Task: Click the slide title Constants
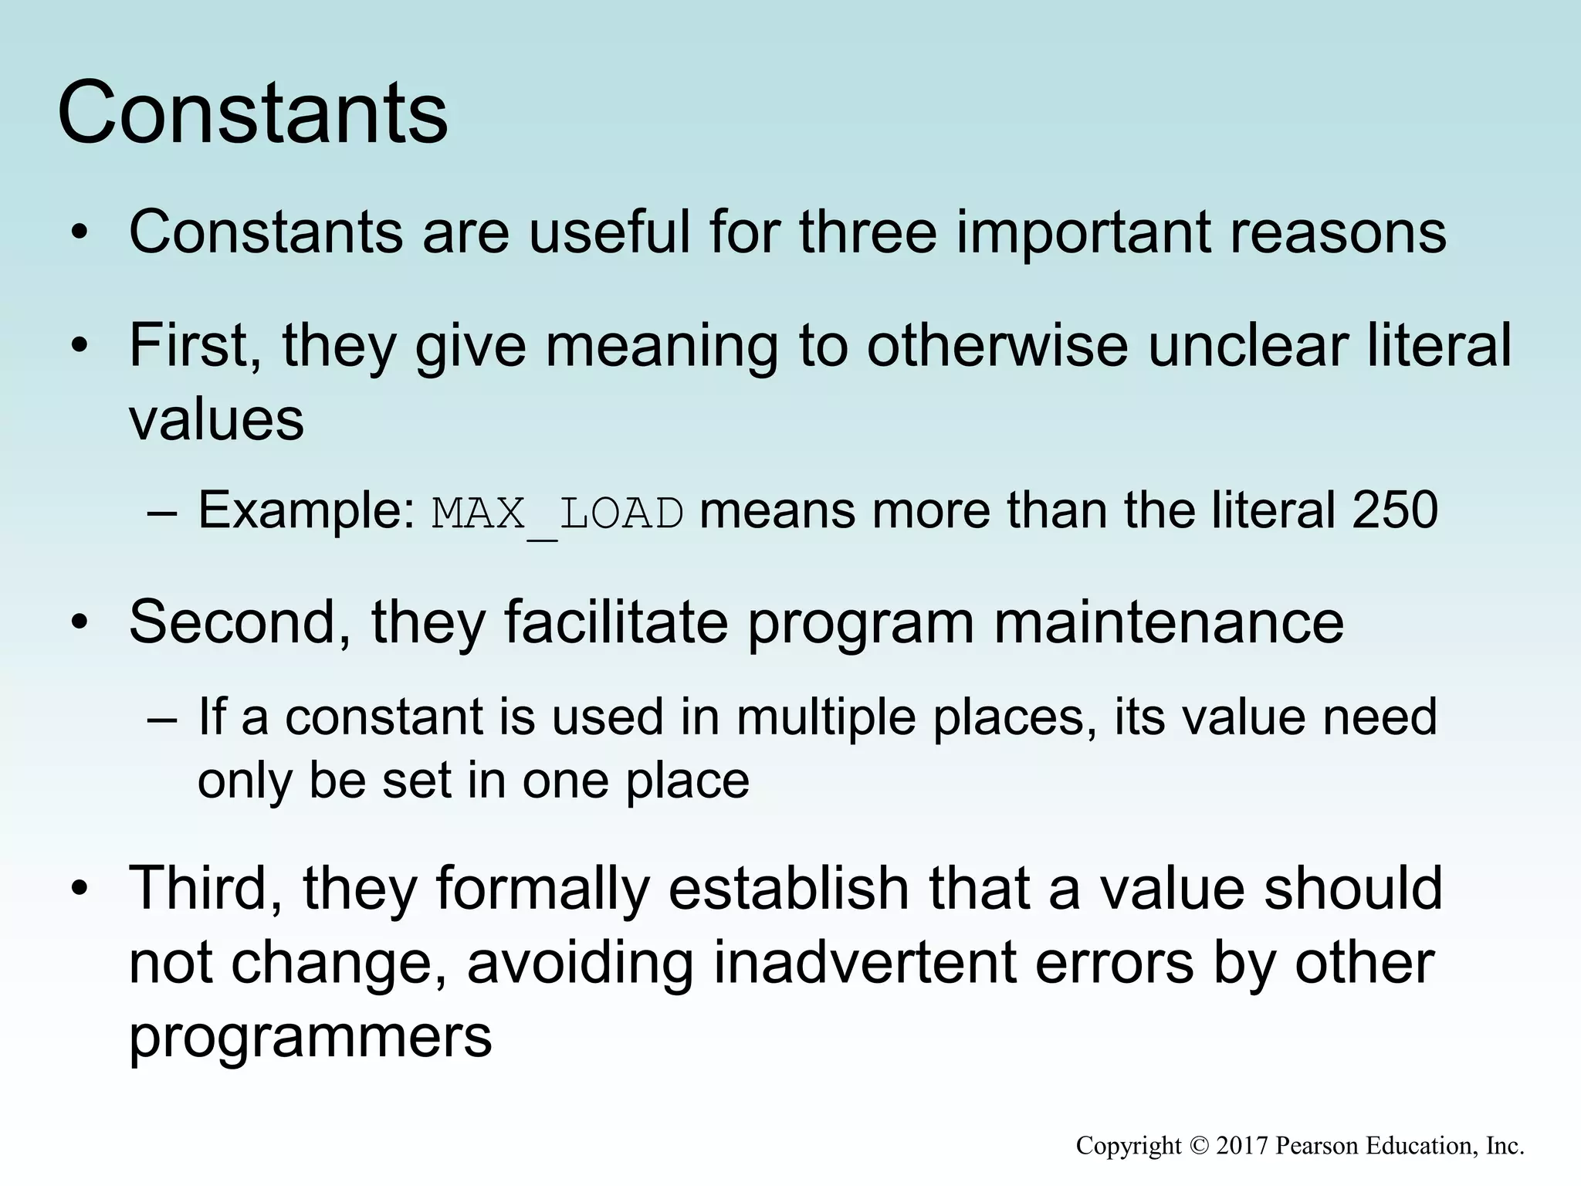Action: (x=252, y=114)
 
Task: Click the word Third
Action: (x=205, y=888)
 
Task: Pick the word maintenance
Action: (x=1169, y=622)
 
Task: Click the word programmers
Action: (x=310, y=1036)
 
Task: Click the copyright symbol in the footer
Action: (x=1198, y=1145)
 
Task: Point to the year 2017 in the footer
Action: (x=1241, y=1145)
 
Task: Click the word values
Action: (x=216, y=420)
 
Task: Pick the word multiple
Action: (x=825, y=717)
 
